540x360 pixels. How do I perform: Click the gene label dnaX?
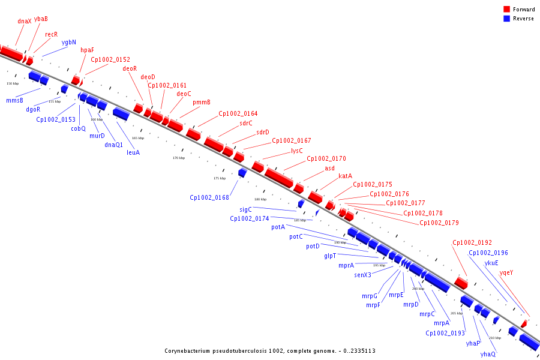coord(25,21)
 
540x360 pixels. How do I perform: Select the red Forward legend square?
coord(507,10)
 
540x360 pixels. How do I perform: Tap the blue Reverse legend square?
coord(507,19)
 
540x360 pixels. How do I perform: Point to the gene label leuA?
coord(133,152)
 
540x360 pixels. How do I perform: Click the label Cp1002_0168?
coord(209,197)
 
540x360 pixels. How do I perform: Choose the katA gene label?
coord(345,176)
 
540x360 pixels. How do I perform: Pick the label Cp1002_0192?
coord(472,242)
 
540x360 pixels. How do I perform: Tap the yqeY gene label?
coord(506,272)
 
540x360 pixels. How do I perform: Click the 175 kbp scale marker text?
coord(220,178)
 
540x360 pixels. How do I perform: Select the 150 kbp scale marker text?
coord(13,83)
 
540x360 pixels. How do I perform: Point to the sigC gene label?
coord(246,209)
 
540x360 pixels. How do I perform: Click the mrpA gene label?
coord(442,323)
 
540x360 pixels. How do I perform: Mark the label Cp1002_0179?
coord(439,223)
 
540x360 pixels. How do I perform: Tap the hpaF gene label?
coord(87,50)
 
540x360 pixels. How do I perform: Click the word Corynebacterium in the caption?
coord(190,350)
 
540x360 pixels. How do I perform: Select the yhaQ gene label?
coord(488,354)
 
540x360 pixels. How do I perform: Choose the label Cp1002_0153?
coord(56,119)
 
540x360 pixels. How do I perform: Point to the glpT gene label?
coord(331,256)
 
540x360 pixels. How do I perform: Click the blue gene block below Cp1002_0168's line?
coord(242,173)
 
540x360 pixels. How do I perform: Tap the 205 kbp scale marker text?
coord(457,313)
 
